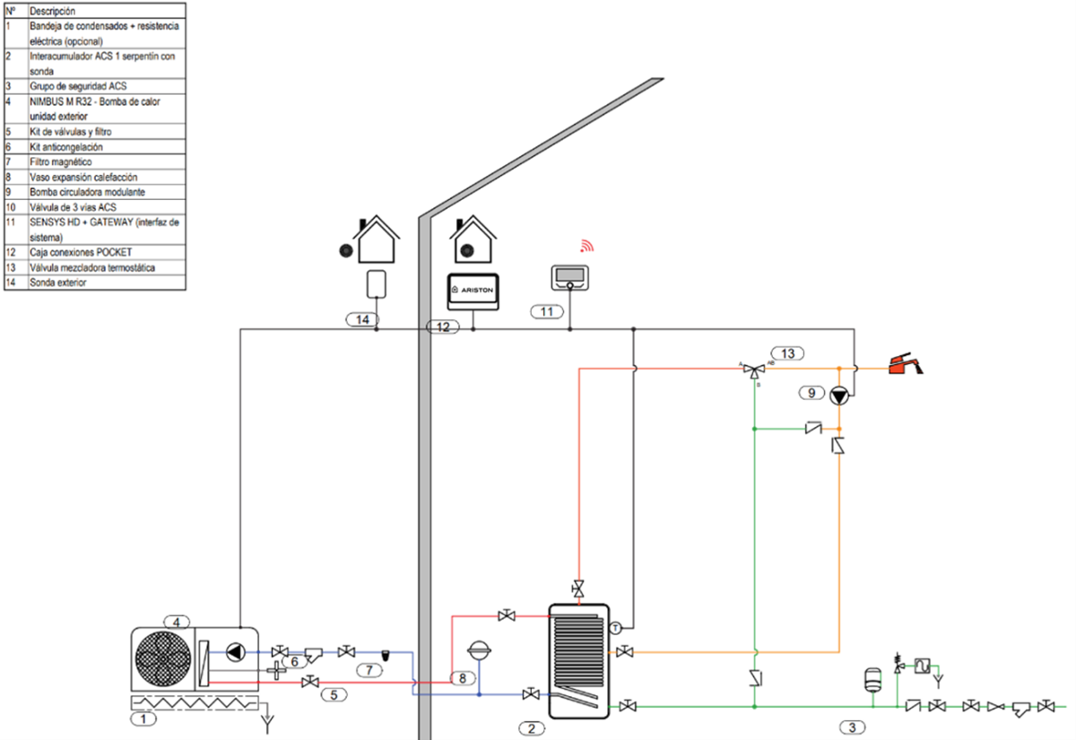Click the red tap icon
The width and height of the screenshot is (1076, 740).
[x=906, y=364]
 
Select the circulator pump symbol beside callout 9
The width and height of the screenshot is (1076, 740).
[x=839, y=396]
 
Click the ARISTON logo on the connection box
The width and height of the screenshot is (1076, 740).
[x=473, y=291]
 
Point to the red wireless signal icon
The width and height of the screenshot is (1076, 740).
[x=587, y=246]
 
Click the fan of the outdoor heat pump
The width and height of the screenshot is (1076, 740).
[x=163, y=658]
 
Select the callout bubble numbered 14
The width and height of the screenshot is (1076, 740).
[x=362, y=319]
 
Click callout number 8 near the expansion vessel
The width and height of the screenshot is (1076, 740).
[x=463, y=678]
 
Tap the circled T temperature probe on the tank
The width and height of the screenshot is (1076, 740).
[x=615, y=628]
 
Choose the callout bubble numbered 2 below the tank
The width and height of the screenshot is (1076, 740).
[x=532, y=728]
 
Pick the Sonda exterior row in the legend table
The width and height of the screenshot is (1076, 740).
[x=95, y=283]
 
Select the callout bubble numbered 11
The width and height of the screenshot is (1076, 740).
[x=547, y=312]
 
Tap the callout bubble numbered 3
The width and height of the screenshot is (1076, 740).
[x=852, y=727]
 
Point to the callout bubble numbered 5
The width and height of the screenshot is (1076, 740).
[x=334, y=695]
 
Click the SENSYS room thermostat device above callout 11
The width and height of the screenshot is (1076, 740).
[x=569, y=278]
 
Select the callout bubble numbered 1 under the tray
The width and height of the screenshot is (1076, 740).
[x=143, y=718]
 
